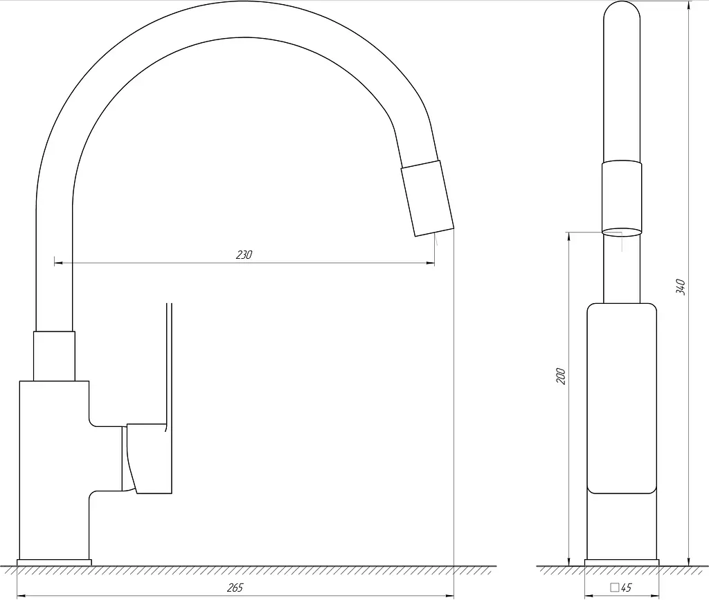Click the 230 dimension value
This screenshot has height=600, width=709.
244,255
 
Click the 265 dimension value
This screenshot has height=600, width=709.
235,588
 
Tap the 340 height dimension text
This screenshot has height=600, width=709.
681,287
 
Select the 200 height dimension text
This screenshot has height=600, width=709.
561,376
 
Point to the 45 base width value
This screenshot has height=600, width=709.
626,588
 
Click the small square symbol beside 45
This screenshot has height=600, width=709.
615,588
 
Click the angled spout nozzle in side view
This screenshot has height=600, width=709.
427,199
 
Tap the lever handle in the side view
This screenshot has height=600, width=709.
147,458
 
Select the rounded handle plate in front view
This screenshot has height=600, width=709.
622,399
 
